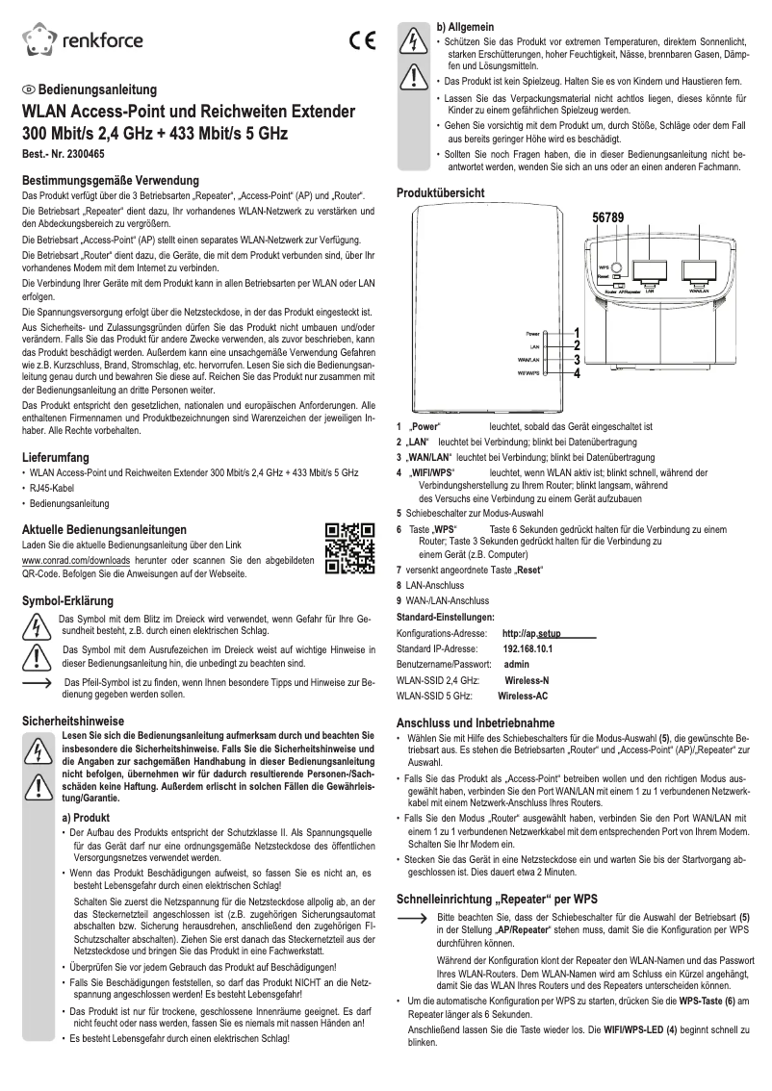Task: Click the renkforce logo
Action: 83,40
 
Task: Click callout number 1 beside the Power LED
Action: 576,333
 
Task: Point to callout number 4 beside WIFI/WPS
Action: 576,372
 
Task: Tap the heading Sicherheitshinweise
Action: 73,720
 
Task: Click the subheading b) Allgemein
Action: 469,26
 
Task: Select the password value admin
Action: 517,664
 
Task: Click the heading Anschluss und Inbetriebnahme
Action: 476,723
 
